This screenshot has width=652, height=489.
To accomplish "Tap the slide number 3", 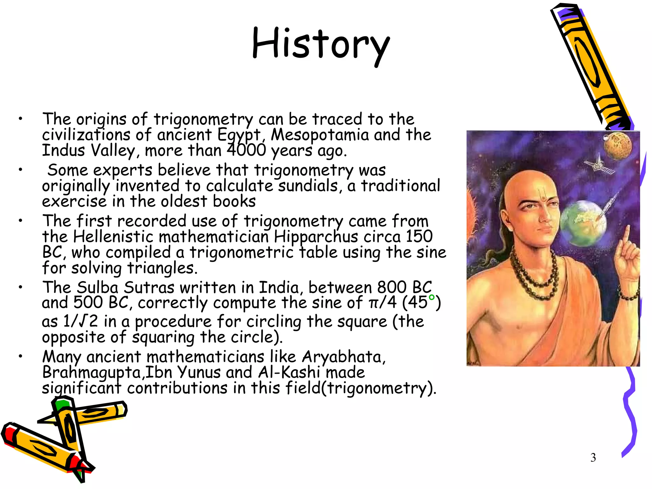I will (593, 457).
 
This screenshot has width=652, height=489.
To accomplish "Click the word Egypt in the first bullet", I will (239, 135).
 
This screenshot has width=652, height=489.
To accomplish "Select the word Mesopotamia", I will (320, 135).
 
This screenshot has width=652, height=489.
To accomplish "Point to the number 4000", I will (246, 150).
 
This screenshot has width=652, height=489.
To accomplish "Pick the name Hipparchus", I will (316, 237).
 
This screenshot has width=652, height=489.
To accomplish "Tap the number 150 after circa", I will (419, 236).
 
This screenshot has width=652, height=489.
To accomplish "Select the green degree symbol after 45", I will (431, 297).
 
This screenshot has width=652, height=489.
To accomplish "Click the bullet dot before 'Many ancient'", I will (20, 356).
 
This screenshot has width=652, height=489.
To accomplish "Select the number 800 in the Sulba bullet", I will (392, 287).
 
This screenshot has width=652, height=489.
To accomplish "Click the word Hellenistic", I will (113, 237).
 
